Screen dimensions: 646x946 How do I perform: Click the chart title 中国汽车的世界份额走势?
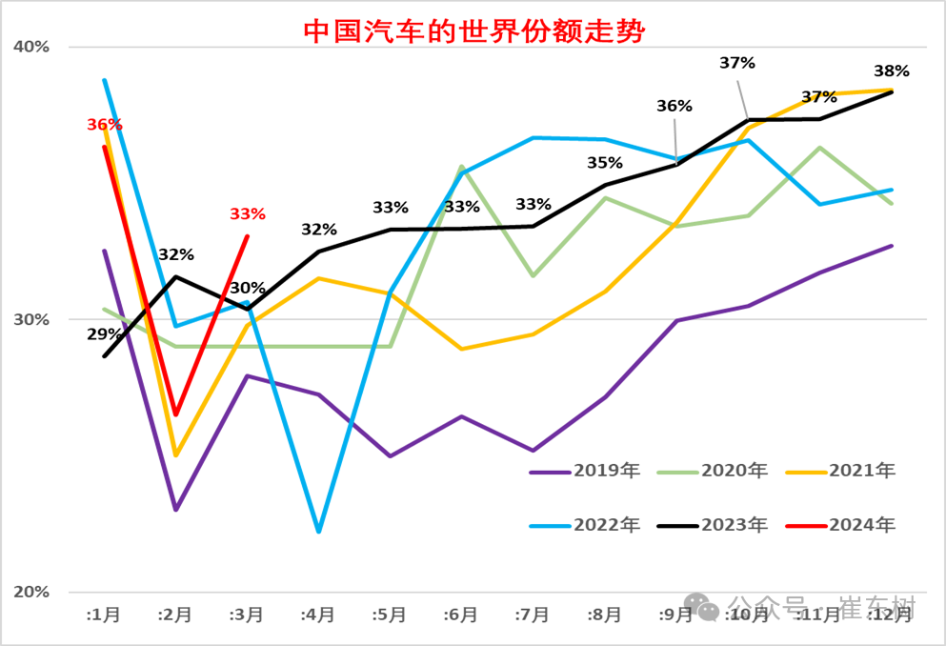(473, 30)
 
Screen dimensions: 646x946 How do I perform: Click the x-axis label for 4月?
(317, 616)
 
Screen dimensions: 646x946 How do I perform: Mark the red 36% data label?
(105, 125)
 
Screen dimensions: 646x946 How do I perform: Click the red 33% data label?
(247, 214)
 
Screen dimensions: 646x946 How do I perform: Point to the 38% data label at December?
(892, 71)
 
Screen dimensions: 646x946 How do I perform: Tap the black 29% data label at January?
(105, 334)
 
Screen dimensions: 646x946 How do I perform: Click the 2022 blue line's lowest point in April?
(318, 532)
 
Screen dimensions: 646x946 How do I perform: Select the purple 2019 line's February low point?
(175, 510)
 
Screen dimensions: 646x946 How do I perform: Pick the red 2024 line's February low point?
(175, 414)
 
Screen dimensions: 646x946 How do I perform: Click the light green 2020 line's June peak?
(462, 167)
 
